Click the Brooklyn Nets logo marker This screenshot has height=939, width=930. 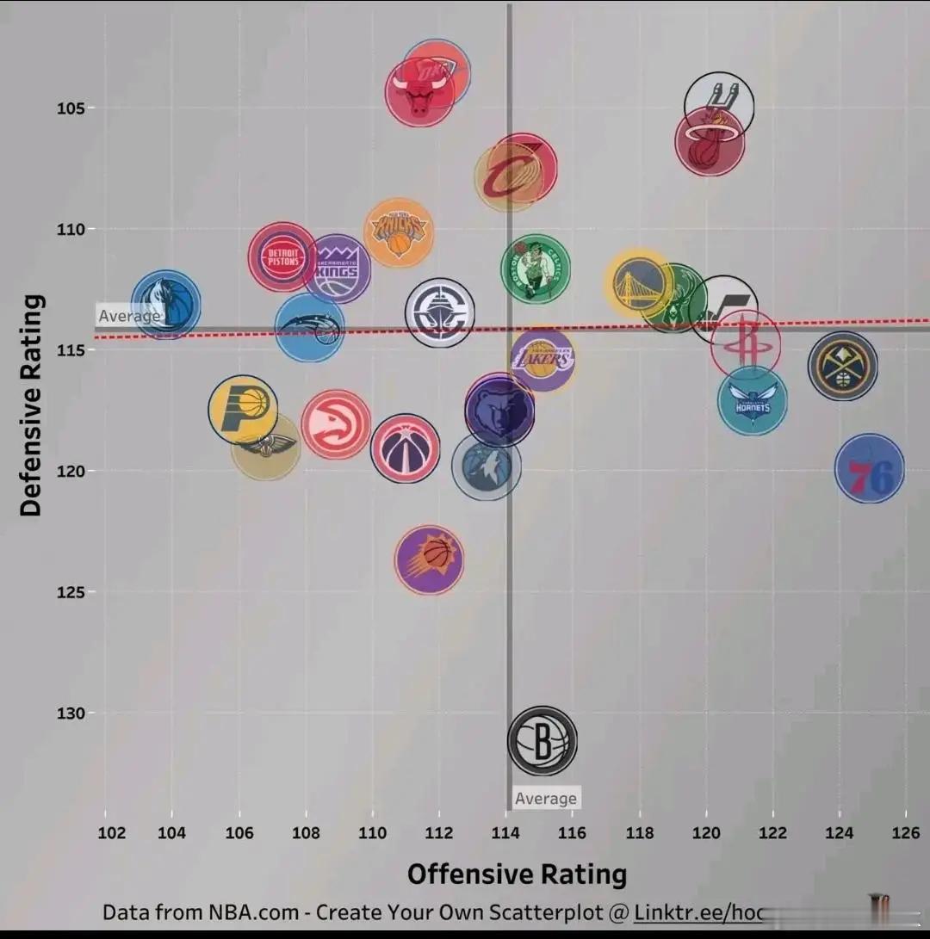[x=542, y=740]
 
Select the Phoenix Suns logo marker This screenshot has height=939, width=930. [x=429, y=559]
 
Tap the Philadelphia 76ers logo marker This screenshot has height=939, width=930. [x=869, y=468]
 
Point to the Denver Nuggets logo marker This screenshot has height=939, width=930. [x=842, y=366]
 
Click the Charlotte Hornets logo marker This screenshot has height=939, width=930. [x=753, y=400]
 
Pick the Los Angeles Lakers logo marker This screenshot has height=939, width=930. [x=542, y=359]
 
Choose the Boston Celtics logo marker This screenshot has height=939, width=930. [x=536, y=269]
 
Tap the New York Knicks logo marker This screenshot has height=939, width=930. [x=399, y=232]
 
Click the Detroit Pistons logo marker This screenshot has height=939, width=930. [x=282, y=256]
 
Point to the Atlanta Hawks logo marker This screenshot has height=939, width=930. [x=336, y=424]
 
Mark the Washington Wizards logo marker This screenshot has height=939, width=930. [x=405, y=448]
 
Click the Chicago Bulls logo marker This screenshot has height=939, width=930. [x=419, y=92]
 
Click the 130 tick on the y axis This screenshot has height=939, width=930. [x=71, y=713]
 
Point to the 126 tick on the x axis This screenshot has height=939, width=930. [x=905, y=832]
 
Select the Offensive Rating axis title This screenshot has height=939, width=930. [x=517, y=874]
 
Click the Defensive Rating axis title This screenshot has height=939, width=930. [x=32, y=405]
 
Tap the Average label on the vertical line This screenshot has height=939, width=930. [x=545, y=799]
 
